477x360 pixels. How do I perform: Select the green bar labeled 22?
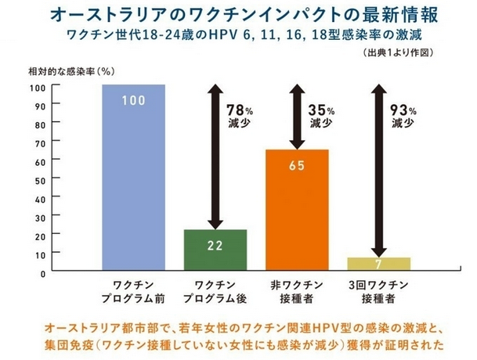pyautogui.click(x=215, y=250)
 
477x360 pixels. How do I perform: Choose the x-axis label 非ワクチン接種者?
pyautogui.click(x=298, y=293)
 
